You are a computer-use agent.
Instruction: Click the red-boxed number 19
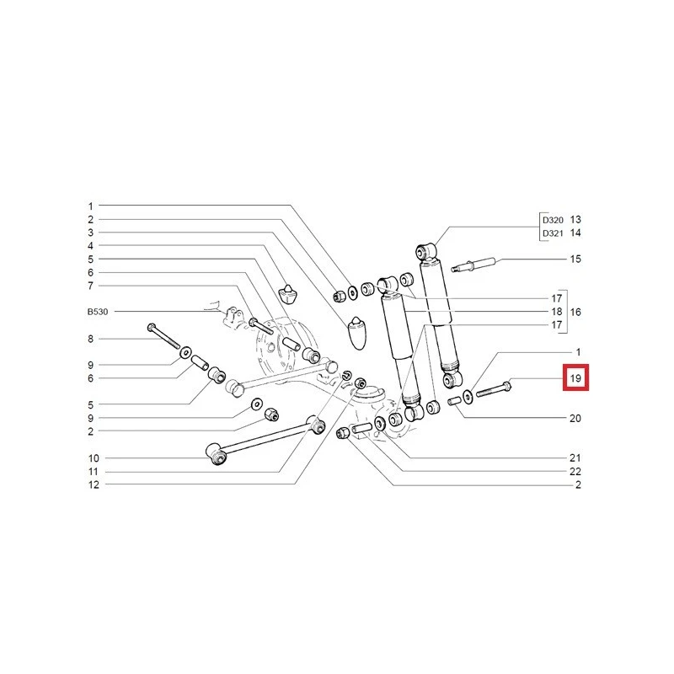coord(575,378)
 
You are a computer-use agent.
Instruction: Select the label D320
coord(553,220)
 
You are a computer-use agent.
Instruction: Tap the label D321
coord(553,233)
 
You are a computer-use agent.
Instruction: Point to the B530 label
coord(98,312)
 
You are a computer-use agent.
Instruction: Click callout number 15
coord(575,259)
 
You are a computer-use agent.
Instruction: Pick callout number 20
coord(575,418)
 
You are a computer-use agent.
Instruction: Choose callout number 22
coord(575,472)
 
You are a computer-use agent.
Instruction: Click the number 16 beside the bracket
coord(575,312)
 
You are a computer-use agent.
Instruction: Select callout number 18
coord(557,312)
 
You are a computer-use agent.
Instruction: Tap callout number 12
coord(94,485)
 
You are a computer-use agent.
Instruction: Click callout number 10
coord(94,458)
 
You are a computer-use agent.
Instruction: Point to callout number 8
coord(90,339)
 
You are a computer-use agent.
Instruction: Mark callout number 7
coord(90,286)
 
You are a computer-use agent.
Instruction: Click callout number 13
coord(575,220)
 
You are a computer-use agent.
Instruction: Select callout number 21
coord(575,458)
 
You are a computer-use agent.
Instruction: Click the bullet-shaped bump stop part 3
coord(358,333)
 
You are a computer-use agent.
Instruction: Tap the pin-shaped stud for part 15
coord(473,265)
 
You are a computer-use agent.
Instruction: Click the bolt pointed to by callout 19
coord(494,388)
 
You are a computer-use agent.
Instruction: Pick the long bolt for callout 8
coord(163,336)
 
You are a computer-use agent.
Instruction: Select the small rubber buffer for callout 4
coord(287,293)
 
